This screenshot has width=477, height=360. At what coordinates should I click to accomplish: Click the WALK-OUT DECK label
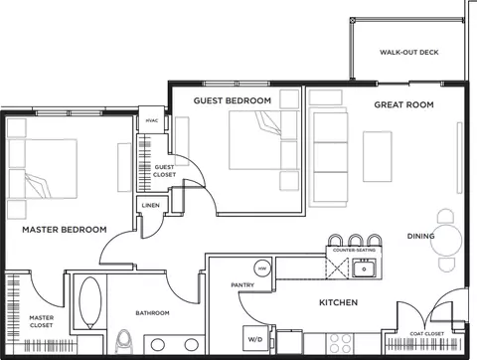pyautogui.click(x=408, y=53)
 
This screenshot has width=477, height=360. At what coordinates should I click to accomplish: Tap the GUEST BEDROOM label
pyautogui.click(x=232, y=100)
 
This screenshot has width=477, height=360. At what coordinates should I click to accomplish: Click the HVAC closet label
pyautogui.click(x=151, y=120)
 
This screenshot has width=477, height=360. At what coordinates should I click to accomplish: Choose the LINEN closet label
pyautogui.click(x=151, y=206)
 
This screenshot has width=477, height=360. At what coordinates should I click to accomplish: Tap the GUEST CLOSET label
pyautogui.click(x=164, y=170)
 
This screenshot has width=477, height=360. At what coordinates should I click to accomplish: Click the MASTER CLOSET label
pyautogui.click(x=42, y=320)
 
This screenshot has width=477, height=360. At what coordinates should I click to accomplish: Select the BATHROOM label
pyautogui.click(x=152, y=312)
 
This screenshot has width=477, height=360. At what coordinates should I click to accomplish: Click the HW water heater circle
pyautogui.click(x=262, y=269)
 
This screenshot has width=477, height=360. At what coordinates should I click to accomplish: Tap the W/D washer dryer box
pyautogui.click(x=255, y=339)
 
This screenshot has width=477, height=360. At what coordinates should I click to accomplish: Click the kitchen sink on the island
pyautogui.click(x=365, y=269)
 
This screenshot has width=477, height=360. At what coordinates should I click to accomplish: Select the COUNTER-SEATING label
pyautogui.click(x=353, y=251)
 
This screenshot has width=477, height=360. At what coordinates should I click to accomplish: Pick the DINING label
pyautogui.click(x=420, y=236)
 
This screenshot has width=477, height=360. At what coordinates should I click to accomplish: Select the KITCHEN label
pyautogui.click(x=338, y=301)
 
